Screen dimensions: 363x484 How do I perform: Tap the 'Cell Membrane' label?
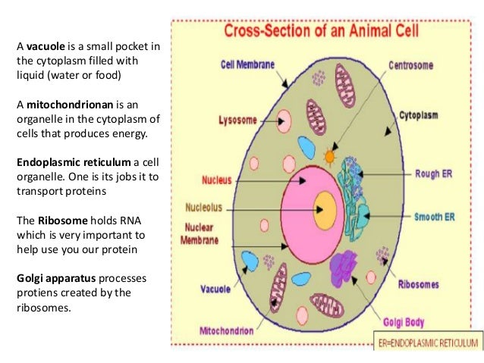click(247, 65)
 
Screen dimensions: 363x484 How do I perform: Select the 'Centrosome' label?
click(411, 65)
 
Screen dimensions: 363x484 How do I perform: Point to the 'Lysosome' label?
click(237, 120)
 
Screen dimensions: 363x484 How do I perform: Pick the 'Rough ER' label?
click(435, 173)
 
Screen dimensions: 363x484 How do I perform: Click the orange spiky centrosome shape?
click(329, 158)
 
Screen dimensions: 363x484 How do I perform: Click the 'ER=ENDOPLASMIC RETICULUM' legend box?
click(429, 342)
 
